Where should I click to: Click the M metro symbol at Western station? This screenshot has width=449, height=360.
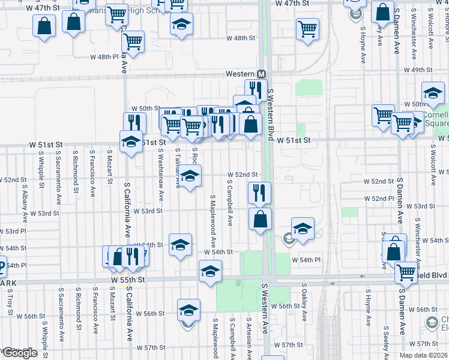(261, 74)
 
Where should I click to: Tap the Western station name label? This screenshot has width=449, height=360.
(240, 74)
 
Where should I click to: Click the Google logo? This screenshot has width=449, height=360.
(19, 353)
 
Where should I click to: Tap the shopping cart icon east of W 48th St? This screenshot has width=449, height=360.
(307, 29)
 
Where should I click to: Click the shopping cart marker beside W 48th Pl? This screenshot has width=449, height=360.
(133, 41)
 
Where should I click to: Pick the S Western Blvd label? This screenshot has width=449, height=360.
(271, 114)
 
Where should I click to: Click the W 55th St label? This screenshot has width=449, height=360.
(128, 280)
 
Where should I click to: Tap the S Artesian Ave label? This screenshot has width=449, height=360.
(249, 336)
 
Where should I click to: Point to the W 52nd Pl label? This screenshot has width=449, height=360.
(378, 198)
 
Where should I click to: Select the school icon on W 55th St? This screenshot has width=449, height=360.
(211, 271)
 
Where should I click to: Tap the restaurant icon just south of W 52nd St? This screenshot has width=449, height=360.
(259, 193)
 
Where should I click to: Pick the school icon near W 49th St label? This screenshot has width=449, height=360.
(433, 93)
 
